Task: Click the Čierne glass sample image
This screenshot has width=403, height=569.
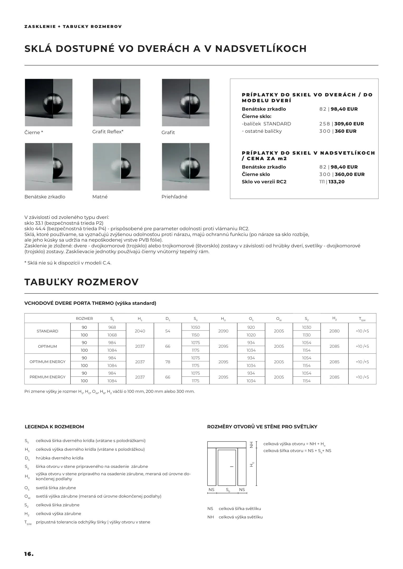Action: coord(48,102)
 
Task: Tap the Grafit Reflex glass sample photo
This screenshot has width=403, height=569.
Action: coord(116,102)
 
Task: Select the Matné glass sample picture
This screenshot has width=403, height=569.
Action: coord(116,167)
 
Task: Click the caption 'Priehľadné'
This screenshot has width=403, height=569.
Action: coord(174,197)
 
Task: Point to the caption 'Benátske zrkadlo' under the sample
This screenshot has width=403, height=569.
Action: coord(45,197)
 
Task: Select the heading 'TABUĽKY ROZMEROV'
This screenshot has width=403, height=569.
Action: coord(81,282)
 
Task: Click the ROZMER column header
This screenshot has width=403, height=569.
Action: coord(84,318)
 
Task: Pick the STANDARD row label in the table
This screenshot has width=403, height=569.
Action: coord(47,331)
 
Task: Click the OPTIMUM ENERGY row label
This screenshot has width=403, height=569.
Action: coord(47,362)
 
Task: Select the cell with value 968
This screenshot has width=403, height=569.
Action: coord(112,327)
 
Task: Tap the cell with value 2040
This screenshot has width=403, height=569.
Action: coord(140,331)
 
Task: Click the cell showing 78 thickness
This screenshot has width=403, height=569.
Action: coord(168,362)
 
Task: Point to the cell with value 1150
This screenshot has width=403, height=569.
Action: coord(196,335)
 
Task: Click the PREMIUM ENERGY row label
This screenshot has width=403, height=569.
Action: coord(47,377)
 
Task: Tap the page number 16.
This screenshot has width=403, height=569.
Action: coord(29,554)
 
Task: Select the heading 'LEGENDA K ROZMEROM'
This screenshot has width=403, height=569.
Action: coord(54,427)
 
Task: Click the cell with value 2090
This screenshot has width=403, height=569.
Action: coord(223,331)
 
